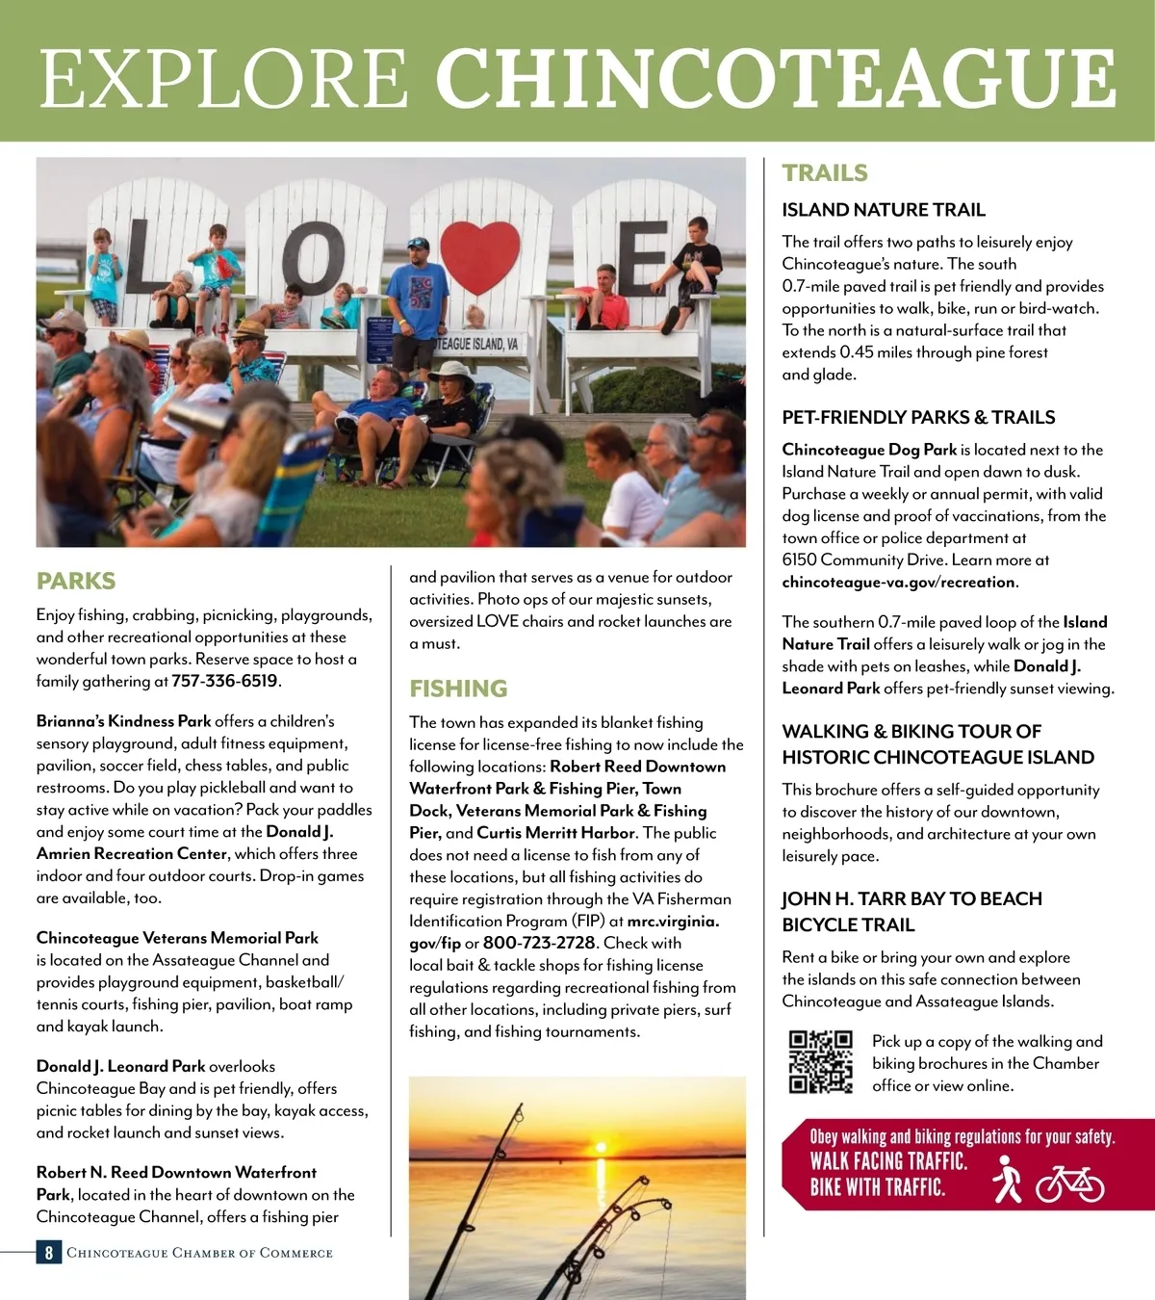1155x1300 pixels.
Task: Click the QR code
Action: (821, 1062)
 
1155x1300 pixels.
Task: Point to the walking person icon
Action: (1007, 1180)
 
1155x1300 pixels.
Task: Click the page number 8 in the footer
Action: (48, 1253)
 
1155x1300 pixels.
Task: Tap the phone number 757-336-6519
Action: (225, 681)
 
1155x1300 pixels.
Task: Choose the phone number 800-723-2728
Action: (539, 943)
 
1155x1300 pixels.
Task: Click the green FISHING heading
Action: (458, 689)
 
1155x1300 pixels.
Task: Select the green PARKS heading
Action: (76, 581)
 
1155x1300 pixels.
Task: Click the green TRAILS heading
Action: (825, 173)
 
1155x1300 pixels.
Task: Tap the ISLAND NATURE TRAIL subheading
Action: (884, 210)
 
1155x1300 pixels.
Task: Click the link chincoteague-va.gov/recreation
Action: (898, 582)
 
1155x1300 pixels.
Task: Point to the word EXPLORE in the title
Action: (224, 79)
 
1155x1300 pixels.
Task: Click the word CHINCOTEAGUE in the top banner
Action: (776, 79)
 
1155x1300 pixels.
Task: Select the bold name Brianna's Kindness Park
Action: (123, 721)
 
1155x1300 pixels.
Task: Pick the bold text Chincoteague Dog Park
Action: (869, 450)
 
